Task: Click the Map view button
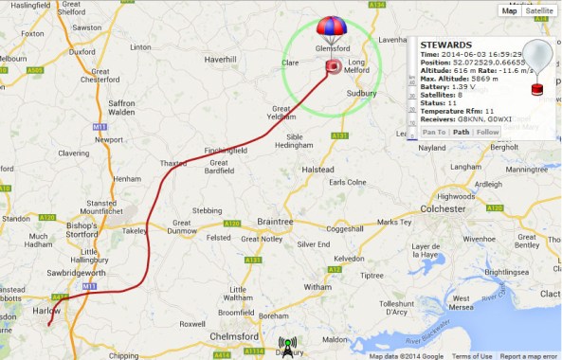[509, 10]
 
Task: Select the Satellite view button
[539, 10]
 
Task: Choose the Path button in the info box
[461, 132]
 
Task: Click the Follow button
[487, 132]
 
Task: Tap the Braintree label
[275, 221]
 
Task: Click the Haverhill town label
[219, 59]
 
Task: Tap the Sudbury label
[362, 94]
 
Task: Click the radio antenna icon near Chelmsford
[287, 347]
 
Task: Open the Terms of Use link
[472, 356]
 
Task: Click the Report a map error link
[530, 356]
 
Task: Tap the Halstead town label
[318, 169]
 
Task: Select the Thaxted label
[173, 163]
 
